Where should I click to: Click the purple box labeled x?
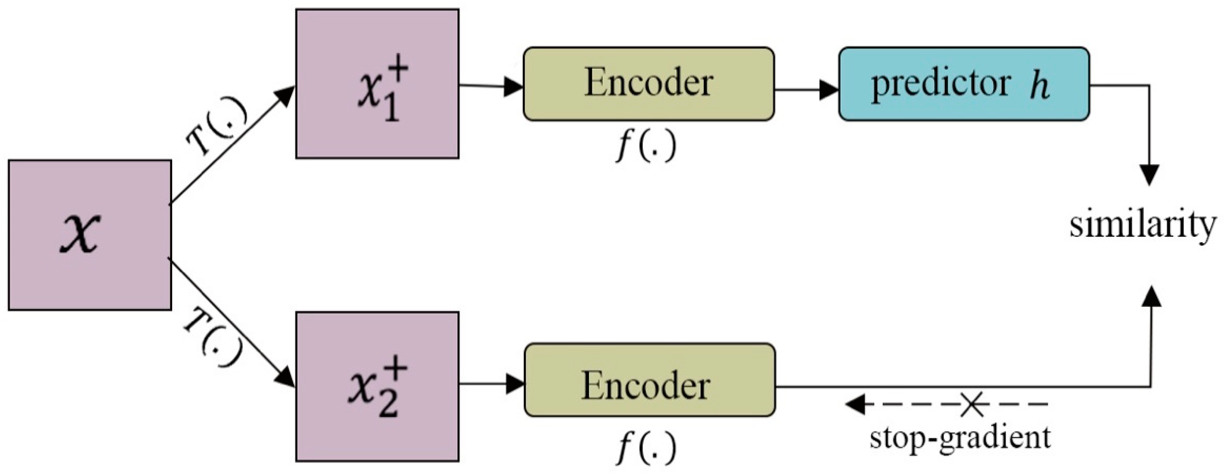pos(90,235)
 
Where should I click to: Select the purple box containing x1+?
pos(377,84)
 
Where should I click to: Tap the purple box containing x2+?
pos(377,386)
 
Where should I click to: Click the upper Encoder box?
pos(648,84)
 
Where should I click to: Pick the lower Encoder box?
pos(650,380)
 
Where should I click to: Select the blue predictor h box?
pos(964,84)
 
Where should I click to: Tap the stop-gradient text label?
pos(960,437)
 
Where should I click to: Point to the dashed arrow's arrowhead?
pos(855,405)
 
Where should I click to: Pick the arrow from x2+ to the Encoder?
pos(492,383)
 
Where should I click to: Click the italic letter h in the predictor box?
pos(1039,86)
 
